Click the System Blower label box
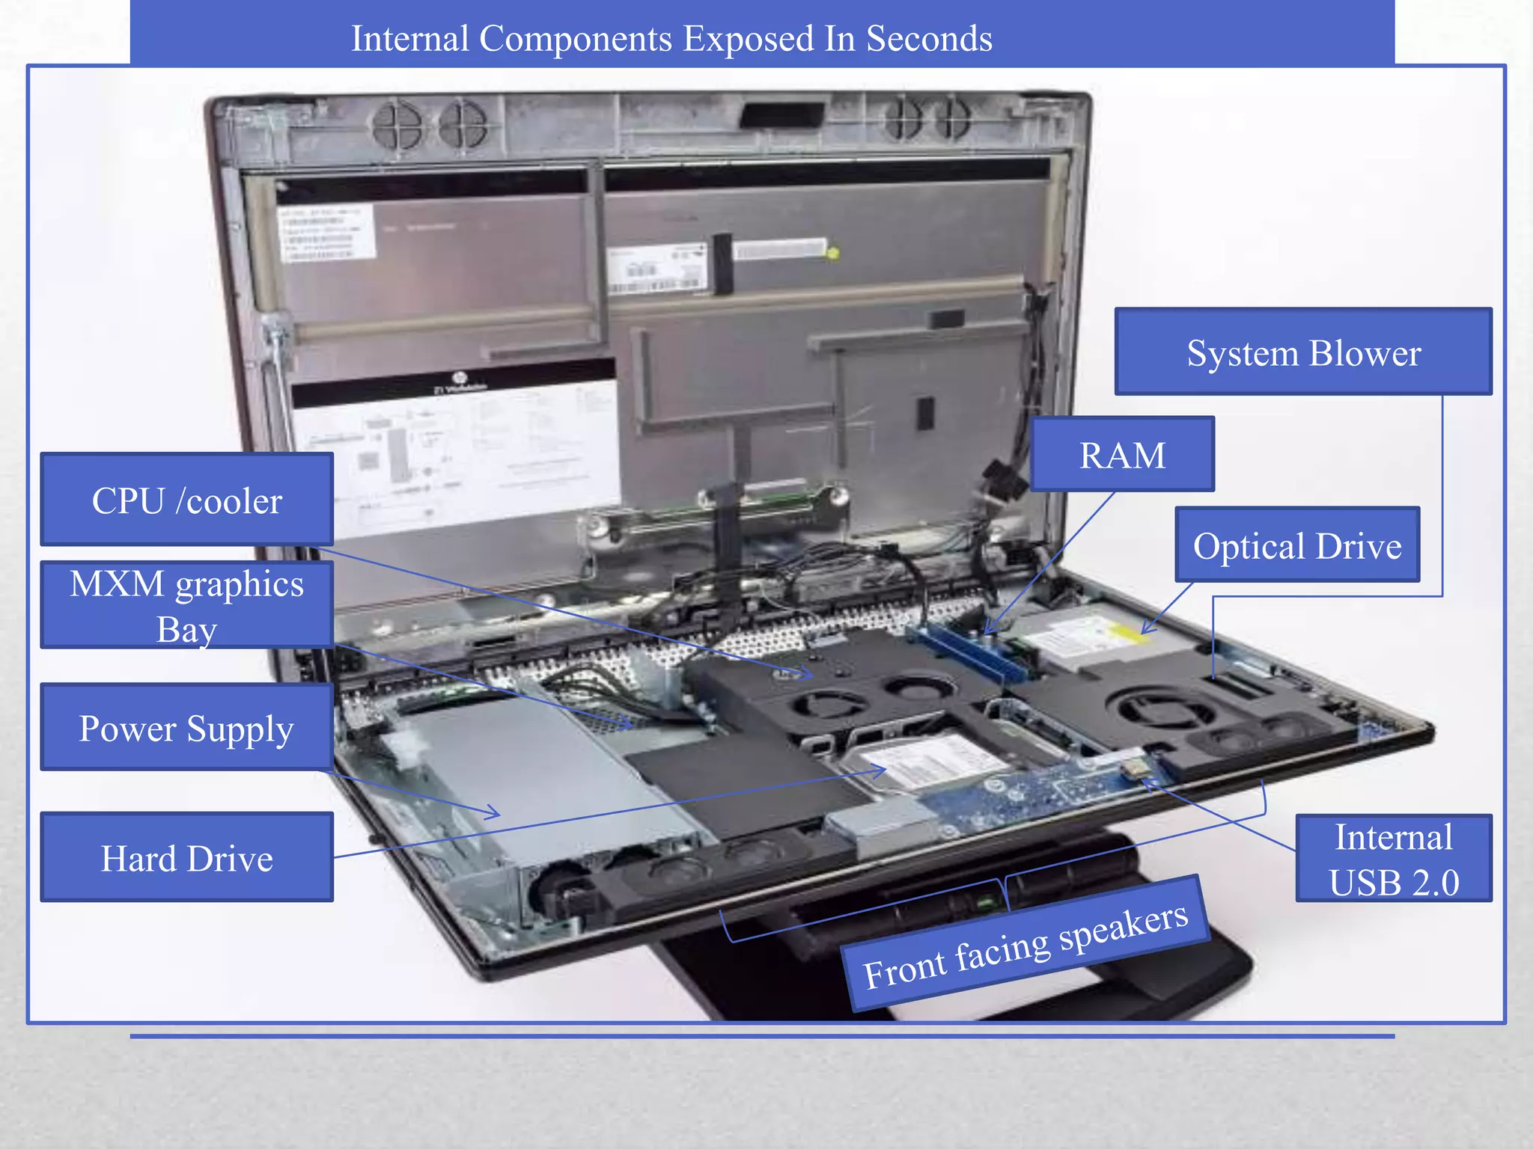1302,352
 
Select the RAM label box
1121,455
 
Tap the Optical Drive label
1296,545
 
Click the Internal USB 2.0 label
1393,859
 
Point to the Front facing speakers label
1025,945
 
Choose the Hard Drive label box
186,858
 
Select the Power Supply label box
186,728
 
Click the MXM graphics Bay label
186,605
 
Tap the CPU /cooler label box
186,500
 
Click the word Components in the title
575,39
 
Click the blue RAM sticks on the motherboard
966,651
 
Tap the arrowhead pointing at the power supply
494,812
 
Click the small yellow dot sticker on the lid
832,254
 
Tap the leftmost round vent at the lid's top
397,124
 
